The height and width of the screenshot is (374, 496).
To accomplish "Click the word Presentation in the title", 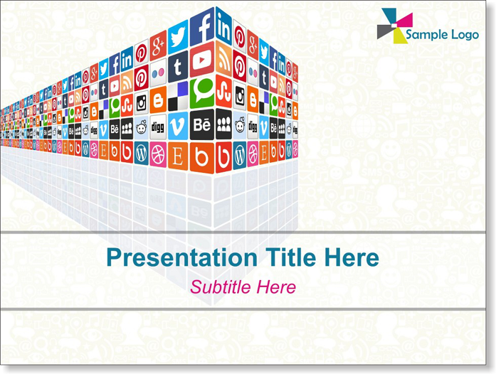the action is coord(182,258).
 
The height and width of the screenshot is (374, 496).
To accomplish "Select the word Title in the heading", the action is coord(291,257).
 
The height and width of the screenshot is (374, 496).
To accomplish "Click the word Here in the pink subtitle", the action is coord(276,287).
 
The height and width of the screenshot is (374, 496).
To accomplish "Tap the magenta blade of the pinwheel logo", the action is coord(405,20).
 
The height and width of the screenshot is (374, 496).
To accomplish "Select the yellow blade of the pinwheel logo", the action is coord(399,36).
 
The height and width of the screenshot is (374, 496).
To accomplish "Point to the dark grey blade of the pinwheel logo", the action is coord(385,31).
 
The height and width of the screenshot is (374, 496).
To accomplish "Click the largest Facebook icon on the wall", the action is coord(202,26).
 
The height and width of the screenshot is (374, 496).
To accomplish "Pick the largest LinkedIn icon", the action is coord(223,26).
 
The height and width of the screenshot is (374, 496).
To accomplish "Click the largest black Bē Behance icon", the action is coord(202,124).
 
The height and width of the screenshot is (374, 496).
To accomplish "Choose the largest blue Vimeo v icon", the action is coord(178,126).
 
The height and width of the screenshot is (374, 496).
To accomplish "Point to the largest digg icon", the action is coord(158,127).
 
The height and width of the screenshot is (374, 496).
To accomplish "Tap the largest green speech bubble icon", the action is coord(202,94).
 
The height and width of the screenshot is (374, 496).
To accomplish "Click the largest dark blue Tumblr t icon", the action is coord(178,67).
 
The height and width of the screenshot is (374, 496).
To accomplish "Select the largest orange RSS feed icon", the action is coord(223,60).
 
